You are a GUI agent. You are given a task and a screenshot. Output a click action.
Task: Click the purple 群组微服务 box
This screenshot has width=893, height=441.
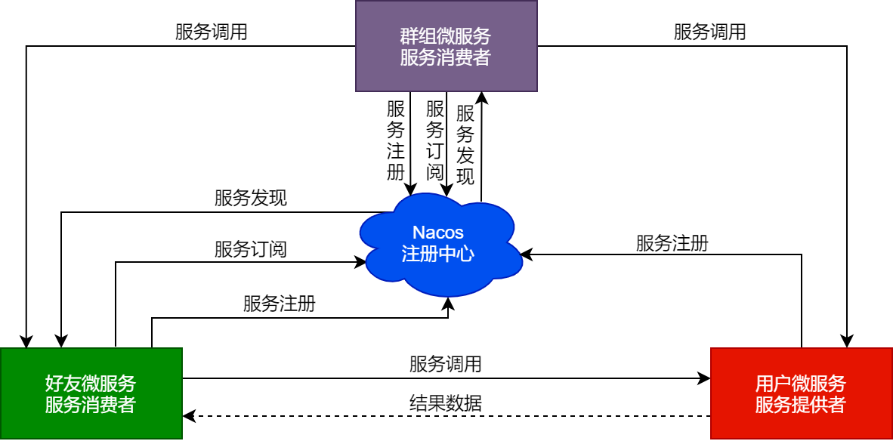[446, 46]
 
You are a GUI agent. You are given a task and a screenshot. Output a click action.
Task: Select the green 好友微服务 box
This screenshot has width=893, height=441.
[91, 393]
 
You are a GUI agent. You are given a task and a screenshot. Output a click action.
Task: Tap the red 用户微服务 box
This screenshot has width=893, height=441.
[801, 393]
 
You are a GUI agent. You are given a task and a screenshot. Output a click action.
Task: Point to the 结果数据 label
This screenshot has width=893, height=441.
[446, 402]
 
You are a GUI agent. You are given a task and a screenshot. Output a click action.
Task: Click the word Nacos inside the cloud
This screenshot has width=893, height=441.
[438, 232]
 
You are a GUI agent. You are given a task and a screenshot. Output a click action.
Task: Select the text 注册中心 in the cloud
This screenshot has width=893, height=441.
[438, 254]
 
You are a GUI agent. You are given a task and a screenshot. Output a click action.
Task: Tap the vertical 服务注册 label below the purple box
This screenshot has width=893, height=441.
[396, 140]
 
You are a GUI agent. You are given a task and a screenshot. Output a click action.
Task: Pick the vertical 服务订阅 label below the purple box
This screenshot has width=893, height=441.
[434, 140]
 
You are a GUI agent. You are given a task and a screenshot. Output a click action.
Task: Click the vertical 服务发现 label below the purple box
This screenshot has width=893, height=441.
[465, 146]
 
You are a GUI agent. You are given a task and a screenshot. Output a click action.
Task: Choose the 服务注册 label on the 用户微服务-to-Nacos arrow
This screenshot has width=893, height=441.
[672, 243]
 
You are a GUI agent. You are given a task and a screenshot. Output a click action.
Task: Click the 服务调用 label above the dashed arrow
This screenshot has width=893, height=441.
[446, 364]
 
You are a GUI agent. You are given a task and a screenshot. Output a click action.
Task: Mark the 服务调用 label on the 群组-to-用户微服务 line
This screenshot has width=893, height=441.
[710, 32]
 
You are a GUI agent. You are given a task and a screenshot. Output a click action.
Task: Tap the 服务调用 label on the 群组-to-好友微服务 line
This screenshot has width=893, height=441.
[212, 32]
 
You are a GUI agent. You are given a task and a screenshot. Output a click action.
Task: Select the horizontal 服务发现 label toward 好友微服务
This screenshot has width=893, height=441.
[251, 199]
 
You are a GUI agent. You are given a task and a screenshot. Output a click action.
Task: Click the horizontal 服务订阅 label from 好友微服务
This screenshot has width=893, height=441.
[251, 249]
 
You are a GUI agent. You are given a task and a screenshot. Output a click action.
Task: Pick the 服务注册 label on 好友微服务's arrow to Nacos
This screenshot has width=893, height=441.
[280, 304]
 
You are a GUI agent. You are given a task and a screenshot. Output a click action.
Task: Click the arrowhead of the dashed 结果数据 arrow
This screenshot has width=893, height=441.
[188, 415]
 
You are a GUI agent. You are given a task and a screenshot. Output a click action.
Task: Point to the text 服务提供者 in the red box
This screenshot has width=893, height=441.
[801, 405]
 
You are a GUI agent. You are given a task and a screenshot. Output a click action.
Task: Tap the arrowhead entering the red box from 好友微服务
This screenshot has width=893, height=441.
[706, 378]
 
